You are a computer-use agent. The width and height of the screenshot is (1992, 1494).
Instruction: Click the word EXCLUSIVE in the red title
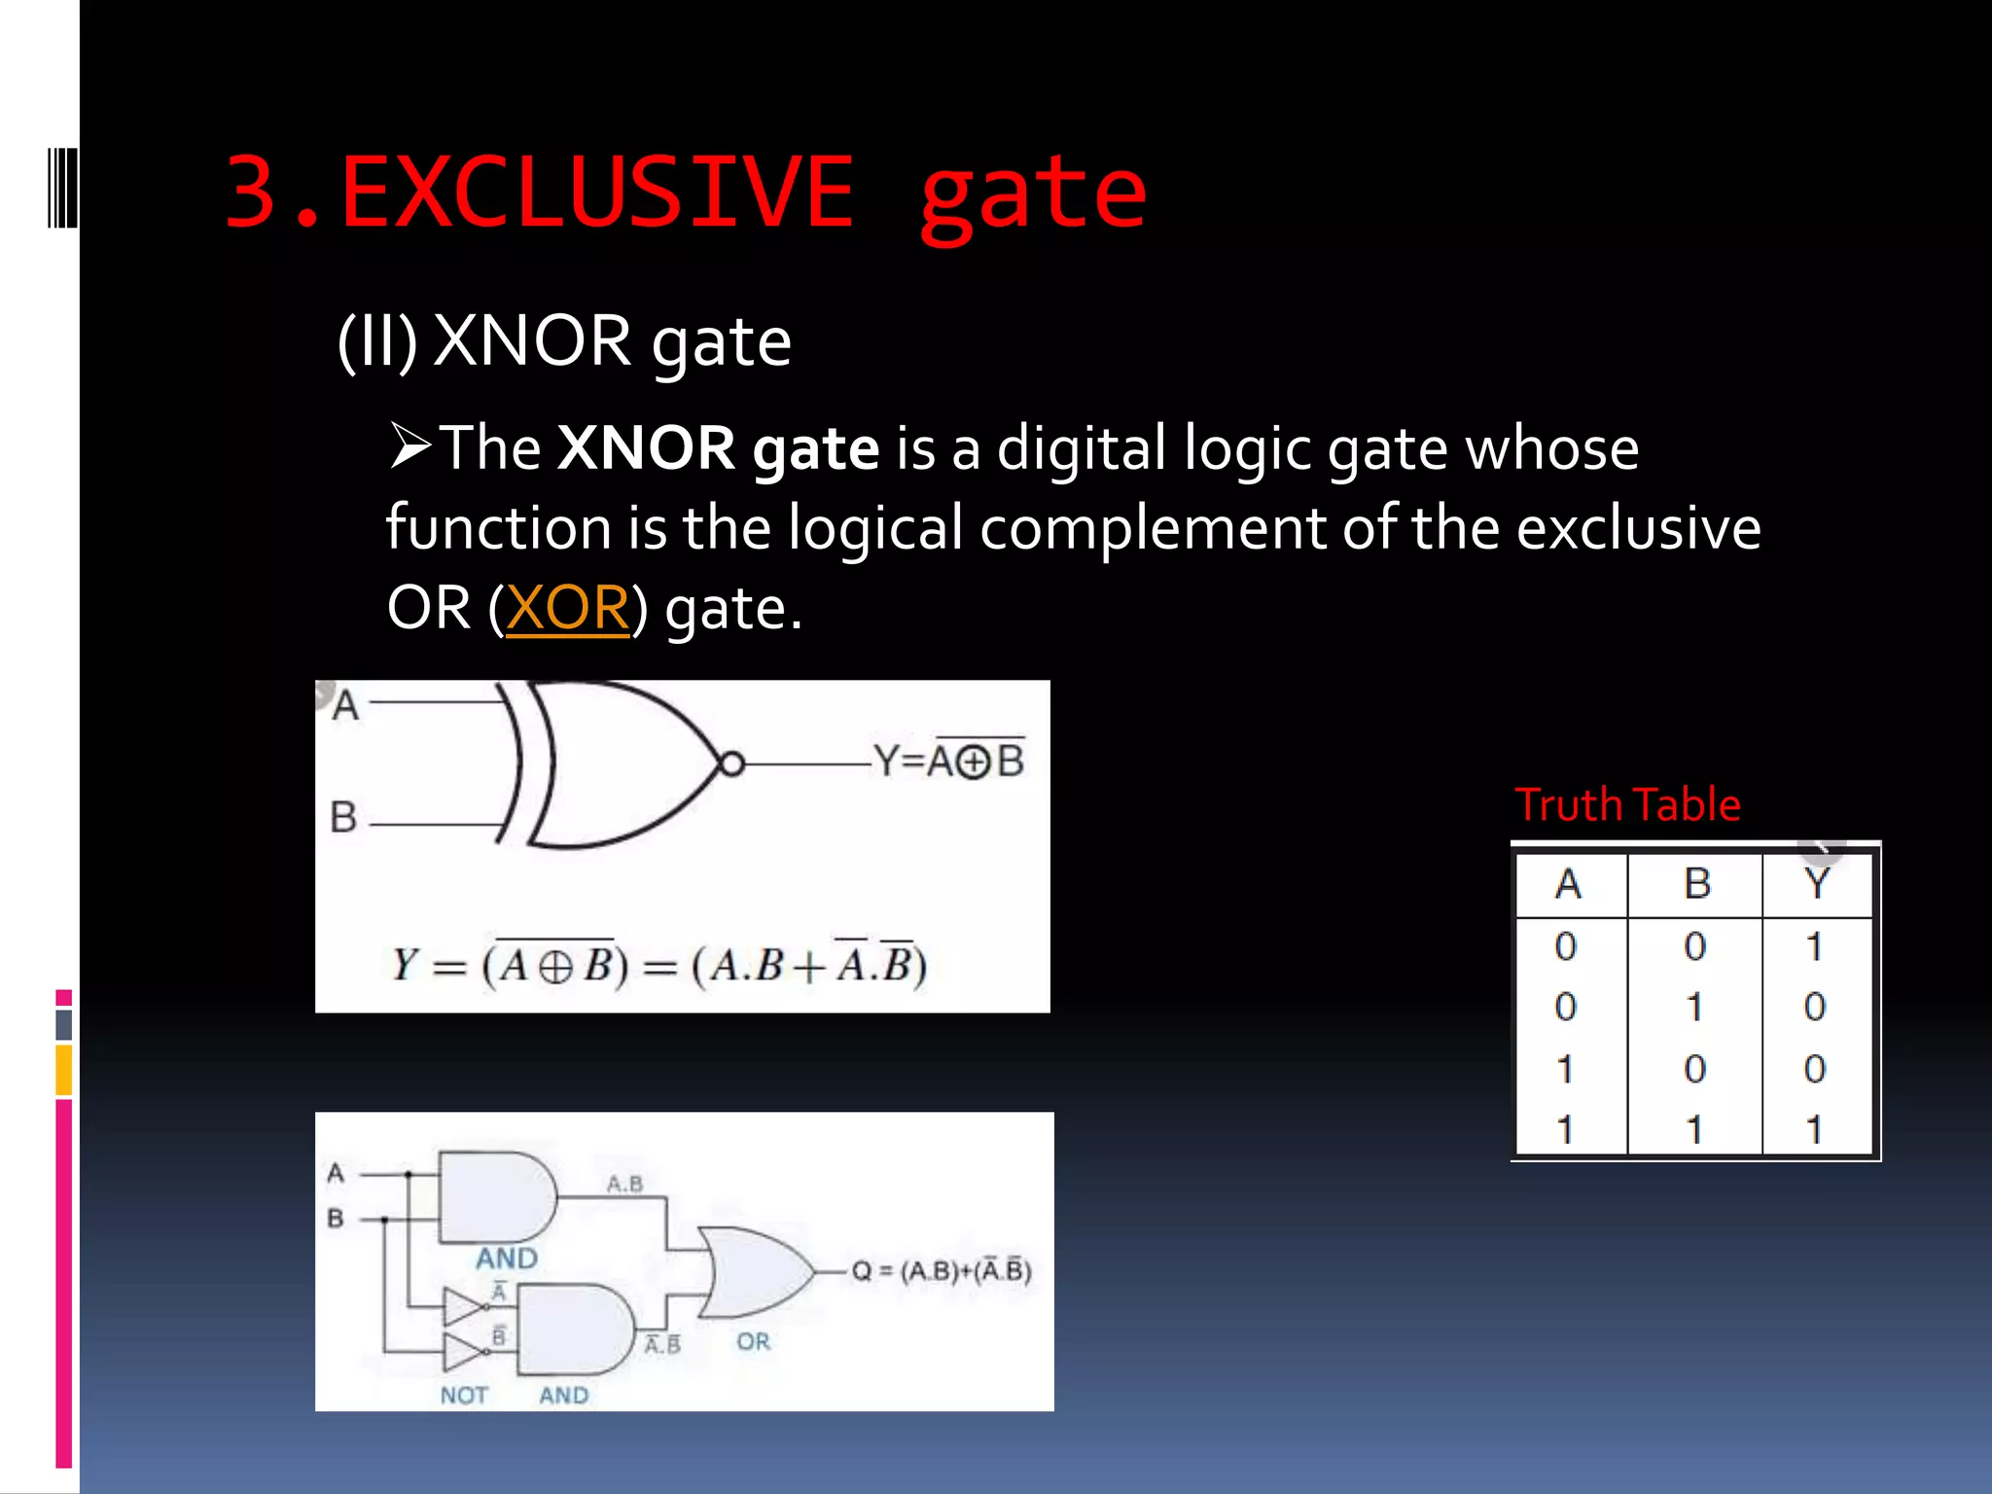[595, 193]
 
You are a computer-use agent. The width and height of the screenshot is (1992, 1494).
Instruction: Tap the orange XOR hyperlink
[567, 608]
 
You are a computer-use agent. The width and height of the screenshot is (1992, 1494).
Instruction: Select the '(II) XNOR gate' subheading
[564, 341]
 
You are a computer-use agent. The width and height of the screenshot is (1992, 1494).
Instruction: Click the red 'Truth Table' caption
[1627, 804]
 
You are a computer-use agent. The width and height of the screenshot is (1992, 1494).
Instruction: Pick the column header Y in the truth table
[1815, 883]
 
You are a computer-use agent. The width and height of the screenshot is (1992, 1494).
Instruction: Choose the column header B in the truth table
[1696, 883]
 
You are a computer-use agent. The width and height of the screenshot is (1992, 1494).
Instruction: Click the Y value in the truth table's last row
[1813, 1129]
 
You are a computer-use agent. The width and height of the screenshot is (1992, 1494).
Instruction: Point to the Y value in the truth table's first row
[1813, 945]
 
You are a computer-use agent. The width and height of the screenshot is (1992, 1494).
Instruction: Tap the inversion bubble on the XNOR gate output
[731, 765]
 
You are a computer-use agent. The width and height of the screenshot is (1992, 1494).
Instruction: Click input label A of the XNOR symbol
[345, 705]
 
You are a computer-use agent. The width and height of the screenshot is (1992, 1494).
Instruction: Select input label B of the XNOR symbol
[343, 817]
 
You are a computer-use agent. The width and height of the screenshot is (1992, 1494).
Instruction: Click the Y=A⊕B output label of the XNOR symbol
[949, 761]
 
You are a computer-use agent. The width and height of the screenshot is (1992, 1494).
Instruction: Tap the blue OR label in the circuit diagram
[753, 1342]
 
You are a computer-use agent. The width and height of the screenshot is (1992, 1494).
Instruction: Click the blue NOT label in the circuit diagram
[463, 1395]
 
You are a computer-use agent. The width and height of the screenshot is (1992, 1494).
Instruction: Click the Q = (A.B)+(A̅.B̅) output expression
[941, 1271]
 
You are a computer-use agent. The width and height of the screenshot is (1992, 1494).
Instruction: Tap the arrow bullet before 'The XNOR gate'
[410, 446]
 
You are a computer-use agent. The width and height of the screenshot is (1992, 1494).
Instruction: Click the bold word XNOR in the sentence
[646, 448]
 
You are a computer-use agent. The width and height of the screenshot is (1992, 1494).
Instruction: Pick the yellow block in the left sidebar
[64, 1070]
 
